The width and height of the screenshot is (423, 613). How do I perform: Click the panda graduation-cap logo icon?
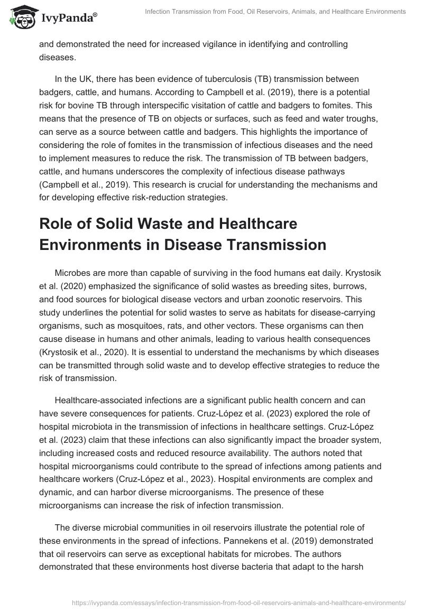point(20,17)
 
